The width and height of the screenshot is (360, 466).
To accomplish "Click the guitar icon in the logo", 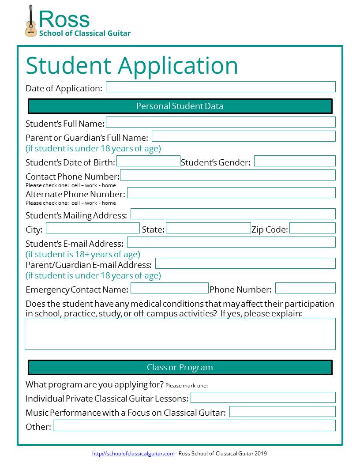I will point(30,21).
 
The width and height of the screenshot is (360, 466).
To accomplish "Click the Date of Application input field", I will point(221,87).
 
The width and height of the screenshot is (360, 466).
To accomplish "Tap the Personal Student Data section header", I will point(180,106).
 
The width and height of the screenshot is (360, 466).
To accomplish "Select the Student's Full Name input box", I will point(221,122).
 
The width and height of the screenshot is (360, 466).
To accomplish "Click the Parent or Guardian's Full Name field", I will point(244,136).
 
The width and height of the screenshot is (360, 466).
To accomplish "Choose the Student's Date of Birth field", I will point(148,161).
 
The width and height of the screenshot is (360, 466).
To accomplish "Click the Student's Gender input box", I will point(295,161).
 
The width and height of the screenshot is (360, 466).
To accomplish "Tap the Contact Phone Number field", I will point(228,175).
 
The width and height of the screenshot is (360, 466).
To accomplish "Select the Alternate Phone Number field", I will point(231,193).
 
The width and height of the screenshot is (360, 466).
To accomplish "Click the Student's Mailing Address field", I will point(233,214).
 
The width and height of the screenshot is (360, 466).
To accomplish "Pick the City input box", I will point(93,228).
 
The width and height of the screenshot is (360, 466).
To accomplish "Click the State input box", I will point(208,228).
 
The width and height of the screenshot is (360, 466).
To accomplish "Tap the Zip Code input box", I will point(312,228).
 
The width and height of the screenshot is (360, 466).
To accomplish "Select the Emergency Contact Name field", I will point(169,288).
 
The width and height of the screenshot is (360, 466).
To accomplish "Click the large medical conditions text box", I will point(180,334).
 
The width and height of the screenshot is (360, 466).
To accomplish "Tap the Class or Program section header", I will point(180,367).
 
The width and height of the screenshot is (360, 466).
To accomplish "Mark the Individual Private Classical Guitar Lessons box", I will point(263,398).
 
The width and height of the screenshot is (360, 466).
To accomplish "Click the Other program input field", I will point(194,425).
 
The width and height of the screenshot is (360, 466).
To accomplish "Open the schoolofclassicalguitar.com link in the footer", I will point(133,454).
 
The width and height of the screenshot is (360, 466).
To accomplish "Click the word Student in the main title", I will point(68,65).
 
